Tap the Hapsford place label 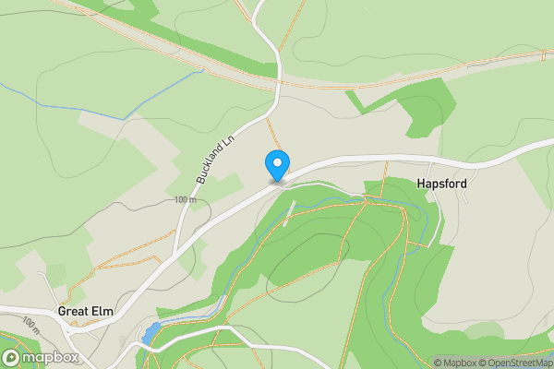pyautogui.click(x=441, y=184)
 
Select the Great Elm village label pyautogui.click(x=85, y=312)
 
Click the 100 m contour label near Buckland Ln pyautogui.click(x=185, y=200)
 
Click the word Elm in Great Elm pyautogui.click(x=102, y=312)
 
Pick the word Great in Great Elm pyautogui.click(x=73, y=312)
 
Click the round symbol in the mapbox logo pyautogui.click(x=12, y=357)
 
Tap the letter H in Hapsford pyautogui.click(x=420, y=184)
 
